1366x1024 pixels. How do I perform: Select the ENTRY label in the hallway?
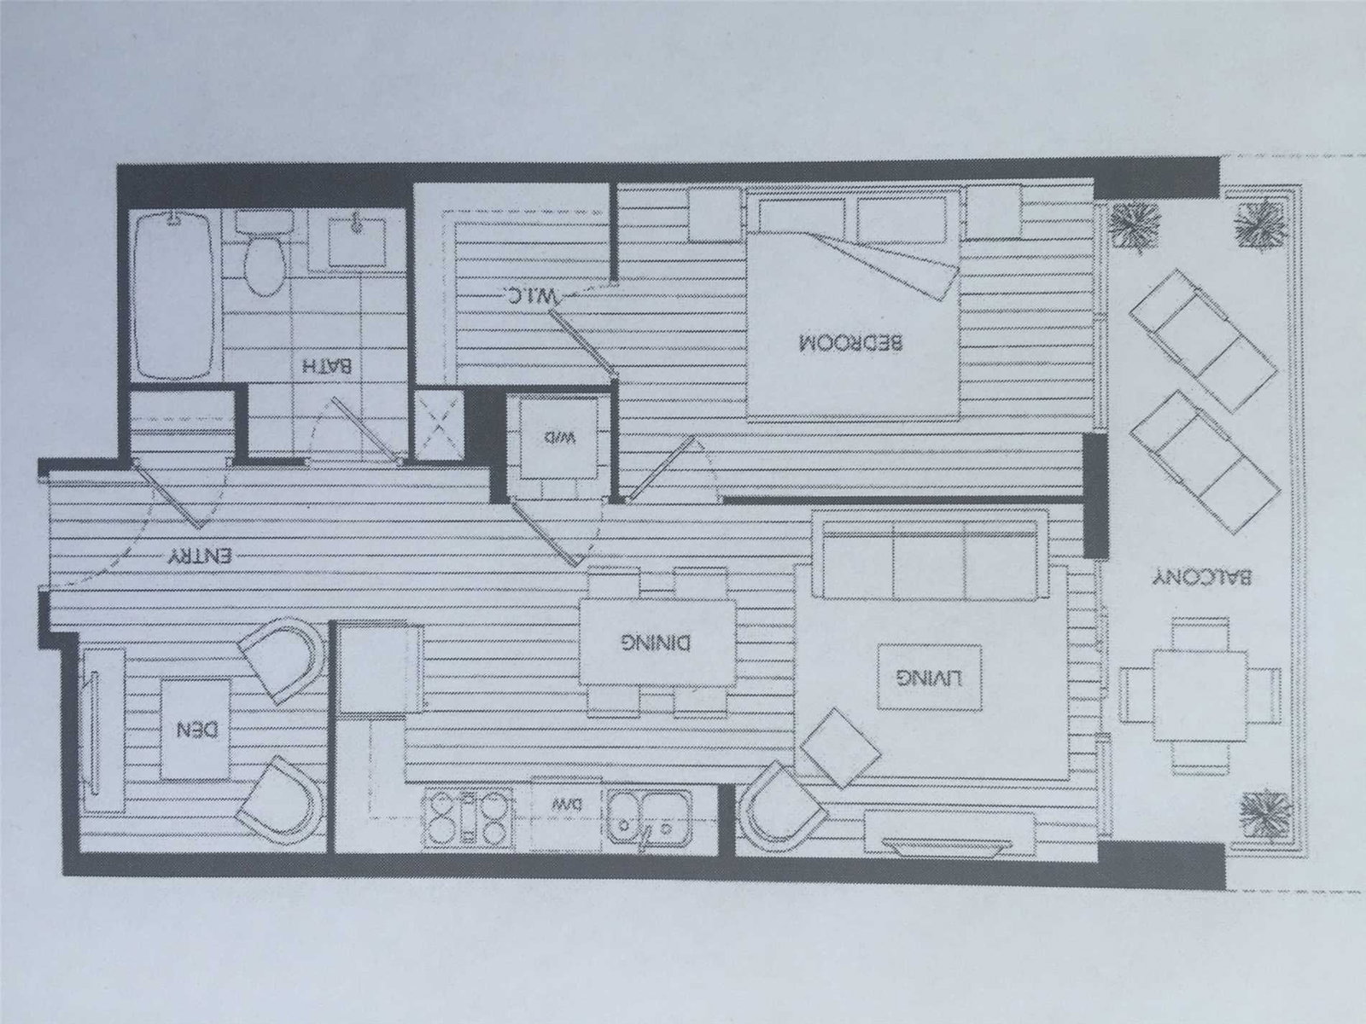pos(200,556)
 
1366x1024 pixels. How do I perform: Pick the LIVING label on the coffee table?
pos(931,677)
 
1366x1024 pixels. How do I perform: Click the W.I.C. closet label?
pos(529,296)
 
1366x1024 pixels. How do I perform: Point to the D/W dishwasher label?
pos(564,804)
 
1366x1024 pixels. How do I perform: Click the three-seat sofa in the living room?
pos(929,555)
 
